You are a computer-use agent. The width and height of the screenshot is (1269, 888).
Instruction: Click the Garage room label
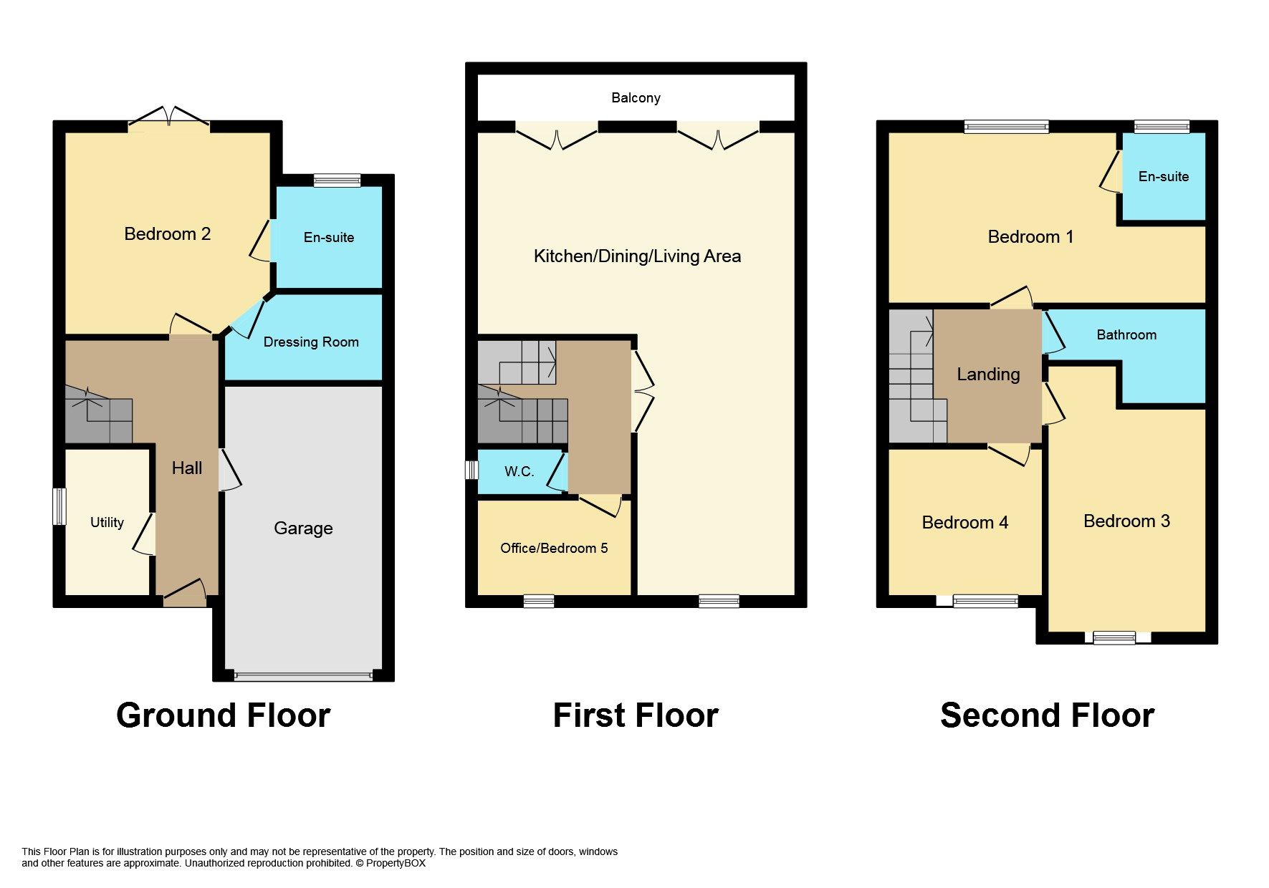(x=303, y=529)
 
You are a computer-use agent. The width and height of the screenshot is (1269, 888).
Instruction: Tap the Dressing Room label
(x=311, y=342)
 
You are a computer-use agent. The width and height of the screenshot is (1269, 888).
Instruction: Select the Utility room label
(x=107, y=522)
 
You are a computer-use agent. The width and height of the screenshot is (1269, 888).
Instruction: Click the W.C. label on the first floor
(x=519, y=471)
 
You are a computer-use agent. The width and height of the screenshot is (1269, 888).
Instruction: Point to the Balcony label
(x=636, y=98)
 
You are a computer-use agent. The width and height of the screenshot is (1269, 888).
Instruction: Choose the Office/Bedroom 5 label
(x=554, y=548)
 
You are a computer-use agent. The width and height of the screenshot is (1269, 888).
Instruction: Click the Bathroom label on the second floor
(x=1126, y=334)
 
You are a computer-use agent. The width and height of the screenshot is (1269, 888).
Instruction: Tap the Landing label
(x=988, y=374)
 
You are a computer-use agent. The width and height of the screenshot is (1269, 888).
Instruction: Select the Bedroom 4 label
(x=964, y=523)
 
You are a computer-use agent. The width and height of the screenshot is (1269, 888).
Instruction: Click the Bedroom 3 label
(x=1126, y=521)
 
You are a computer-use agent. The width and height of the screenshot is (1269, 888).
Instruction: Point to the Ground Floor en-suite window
(x=337, y=180)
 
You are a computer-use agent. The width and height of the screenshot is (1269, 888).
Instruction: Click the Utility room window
(x=60, y=506)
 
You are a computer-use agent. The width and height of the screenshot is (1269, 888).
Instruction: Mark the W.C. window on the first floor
(x=471, y=470)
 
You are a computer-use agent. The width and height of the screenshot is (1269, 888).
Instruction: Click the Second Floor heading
(x=1046, y=715)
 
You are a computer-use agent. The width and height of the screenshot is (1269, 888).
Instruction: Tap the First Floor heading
(x=636, y=715)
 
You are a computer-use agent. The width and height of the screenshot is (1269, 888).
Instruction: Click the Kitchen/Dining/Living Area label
(x=637, y=256)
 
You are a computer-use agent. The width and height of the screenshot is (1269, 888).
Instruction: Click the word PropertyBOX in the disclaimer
(x=396, y=864)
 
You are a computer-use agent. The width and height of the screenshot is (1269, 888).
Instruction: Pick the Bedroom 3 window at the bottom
(x=1114, y=637)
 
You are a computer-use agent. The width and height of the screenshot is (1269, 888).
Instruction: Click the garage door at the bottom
(x=303, y=675)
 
